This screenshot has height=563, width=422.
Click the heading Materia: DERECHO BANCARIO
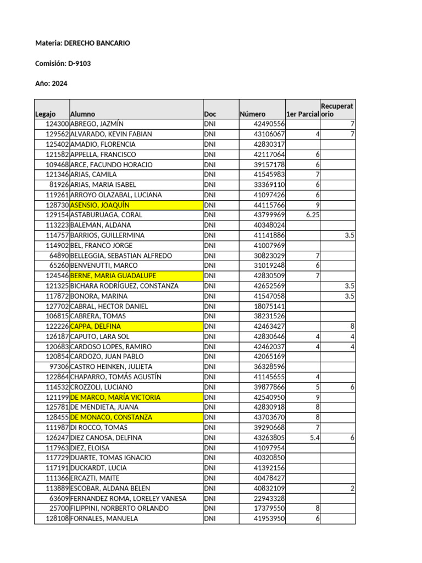tap(82, 43)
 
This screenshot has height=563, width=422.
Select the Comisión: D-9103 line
tap(63, 63)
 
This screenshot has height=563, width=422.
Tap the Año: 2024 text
tap(52, 84)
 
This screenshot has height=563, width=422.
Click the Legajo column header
tap(45, 114)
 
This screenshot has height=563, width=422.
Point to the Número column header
tap(252, 114)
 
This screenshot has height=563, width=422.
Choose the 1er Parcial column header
tap(302, 114)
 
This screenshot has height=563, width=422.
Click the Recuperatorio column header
tap(337, 109)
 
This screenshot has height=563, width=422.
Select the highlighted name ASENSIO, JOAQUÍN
tap(100, 205)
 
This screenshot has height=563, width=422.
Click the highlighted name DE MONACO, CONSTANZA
tap(112, 417)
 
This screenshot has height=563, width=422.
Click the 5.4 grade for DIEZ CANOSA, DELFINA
tap(314, 438)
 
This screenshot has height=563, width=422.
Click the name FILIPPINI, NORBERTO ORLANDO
tap(120, 509)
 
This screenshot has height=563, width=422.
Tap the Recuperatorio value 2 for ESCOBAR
tap(352, 488)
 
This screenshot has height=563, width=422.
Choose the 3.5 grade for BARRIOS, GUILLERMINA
tap(349, 235)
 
